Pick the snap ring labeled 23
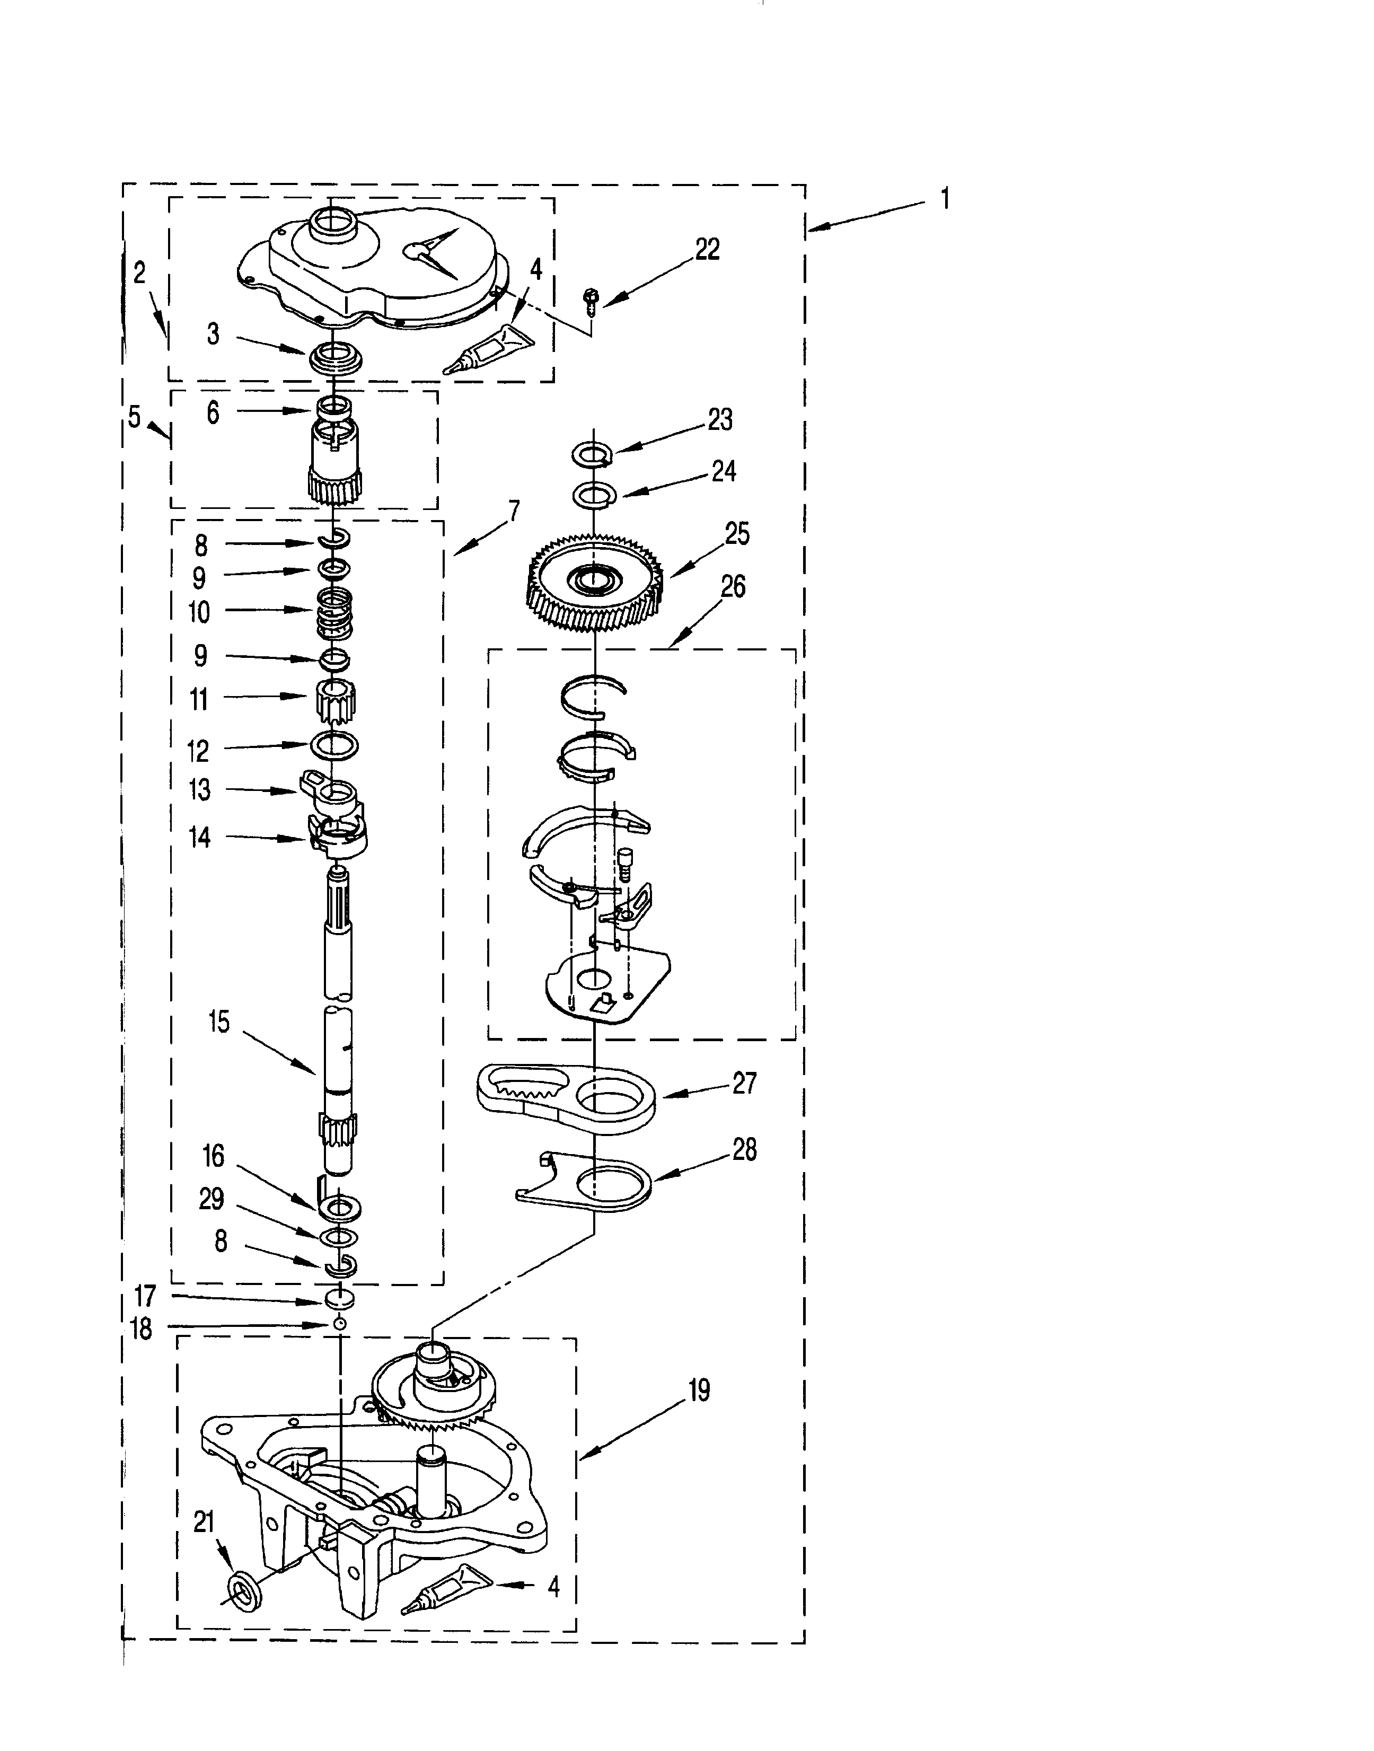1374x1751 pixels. coord(593,454)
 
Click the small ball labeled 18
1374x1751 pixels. coord(340,1324)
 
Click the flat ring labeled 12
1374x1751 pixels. coord(334,745)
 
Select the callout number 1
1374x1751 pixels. coord(945,198)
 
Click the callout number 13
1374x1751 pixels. coord(199,790)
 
